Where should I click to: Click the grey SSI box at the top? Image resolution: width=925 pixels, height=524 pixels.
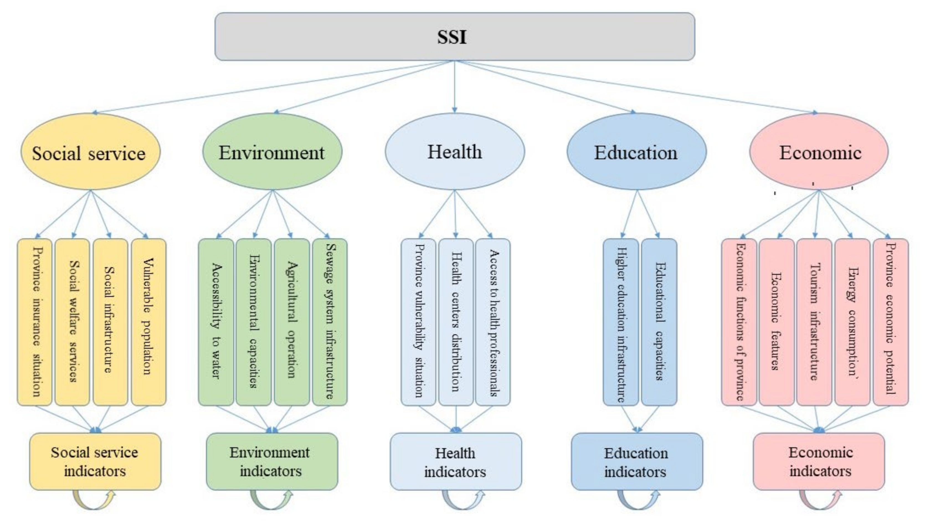pos(454,36)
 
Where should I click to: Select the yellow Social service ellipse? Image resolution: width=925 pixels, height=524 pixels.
pos(90,152)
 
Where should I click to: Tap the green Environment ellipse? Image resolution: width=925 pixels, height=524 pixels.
pos(272,152)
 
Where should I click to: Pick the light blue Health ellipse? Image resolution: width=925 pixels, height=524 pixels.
pos(455,151)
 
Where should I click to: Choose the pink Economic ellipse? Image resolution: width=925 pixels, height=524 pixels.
pos(819,151)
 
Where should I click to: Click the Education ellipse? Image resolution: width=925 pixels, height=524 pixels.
pos(636,152)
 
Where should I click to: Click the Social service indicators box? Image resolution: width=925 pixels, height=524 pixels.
pos(95,461)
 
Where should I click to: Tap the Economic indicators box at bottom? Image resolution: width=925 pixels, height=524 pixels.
pos(819,461)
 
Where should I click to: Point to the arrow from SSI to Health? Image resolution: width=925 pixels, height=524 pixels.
pos(455,86)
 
